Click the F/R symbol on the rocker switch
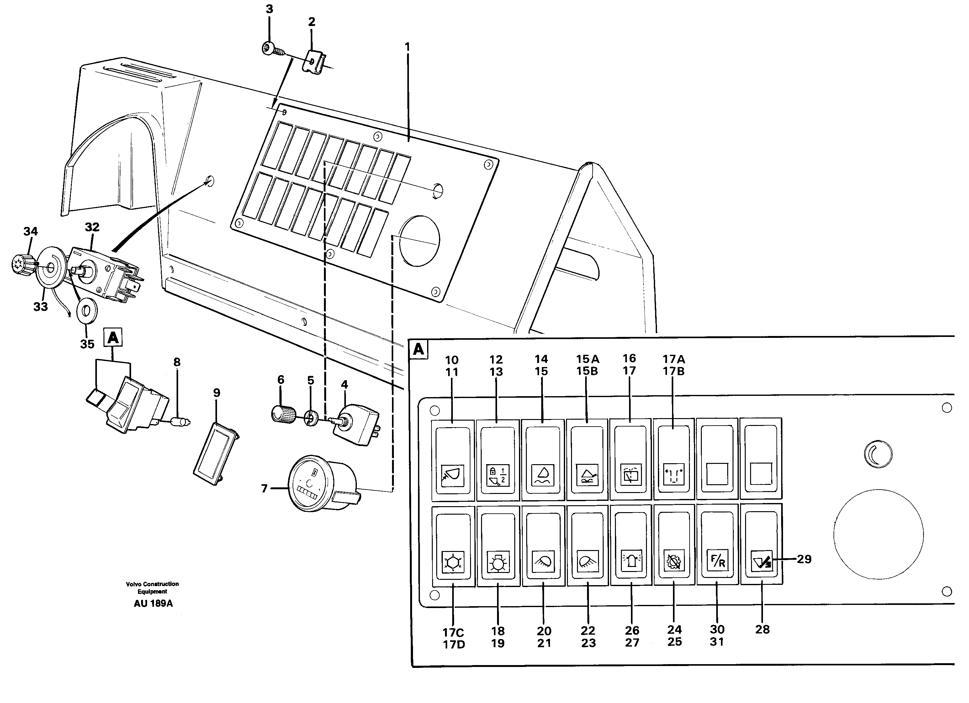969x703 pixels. point(717,561)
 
